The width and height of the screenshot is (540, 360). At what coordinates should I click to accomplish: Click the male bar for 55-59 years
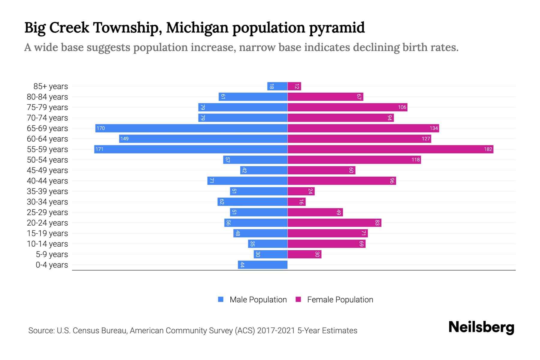point(191,149)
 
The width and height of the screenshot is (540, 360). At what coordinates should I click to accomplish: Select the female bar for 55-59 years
point(390,149)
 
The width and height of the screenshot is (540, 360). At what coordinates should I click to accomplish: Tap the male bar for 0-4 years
point(263,265)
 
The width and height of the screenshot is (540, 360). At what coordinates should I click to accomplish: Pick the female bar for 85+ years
point(294,86)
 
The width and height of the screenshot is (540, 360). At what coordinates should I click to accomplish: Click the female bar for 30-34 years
point(296,202)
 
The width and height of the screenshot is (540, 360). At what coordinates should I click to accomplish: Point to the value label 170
point(100,128)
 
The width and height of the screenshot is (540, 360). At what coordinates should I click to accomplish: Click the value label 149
point(124,139)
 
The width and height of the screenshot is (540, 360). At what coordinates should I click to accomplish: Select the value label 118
point(415,160)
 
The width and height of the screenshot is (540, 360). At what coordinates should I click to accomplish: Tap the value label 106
point(402,107)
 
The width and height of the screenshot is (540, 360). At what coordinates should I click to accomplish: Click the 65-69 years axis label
point(47,128)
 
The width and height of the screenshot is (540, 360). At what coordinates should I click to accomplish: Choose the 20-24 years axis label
point(47,223)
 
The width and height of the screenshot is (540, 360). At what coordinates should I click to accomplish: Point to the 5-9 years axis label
point(52,254)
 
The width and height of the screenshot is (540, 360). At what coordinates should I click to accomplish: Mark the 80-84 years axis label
point(47,97)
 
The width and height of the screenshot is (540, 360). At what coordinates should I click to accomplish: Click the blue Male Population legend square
point(221,299)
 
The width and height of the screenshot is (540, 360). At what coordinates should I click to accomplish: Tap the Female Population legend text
point(340,299)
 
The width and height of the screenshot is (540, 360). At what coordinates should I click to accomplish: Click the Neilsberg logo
point(481,327)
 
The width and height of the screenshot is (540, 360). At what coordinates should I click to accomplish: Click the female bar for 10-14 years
point(326,244)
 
